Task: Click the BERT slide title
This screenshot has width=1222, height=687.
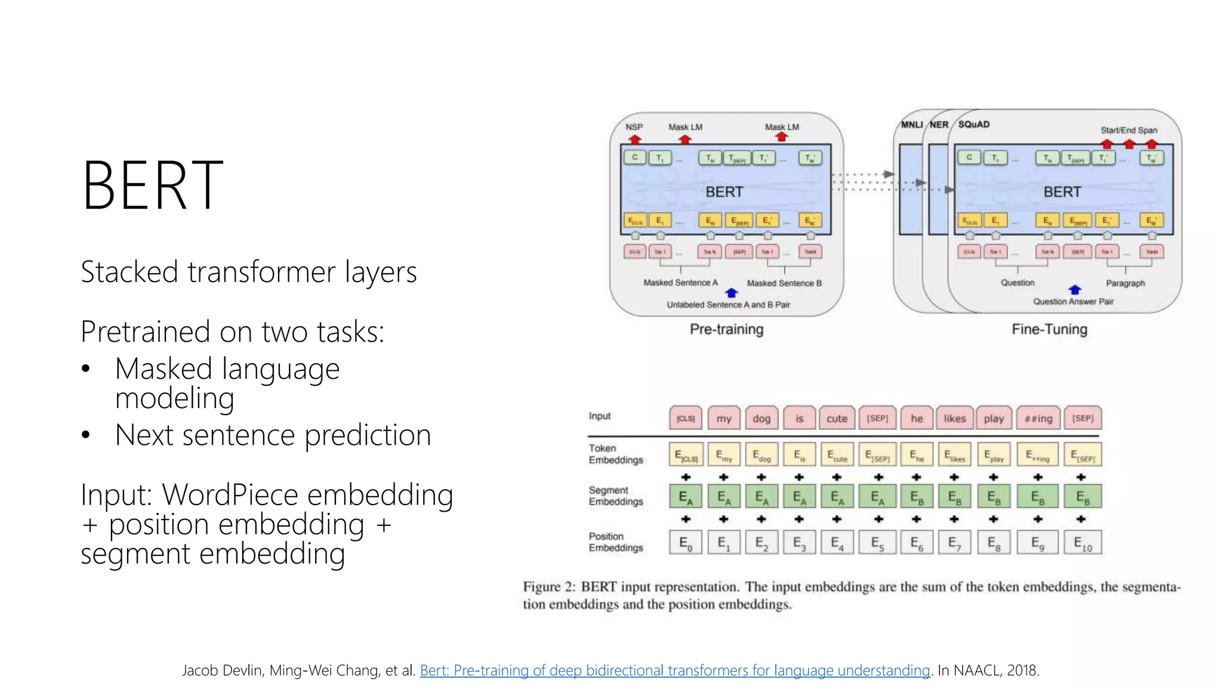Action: coord(153,186)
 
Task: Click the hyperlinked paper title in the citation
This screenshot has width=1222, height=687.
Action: coord(675,670)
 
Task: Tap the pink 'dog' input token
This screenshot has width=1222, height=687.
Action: coord(761,419)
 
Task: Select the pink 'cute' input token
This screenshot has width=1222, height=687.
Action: coord(837,419)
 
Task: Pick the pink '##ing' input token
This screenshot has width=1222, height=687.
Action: coord(1038,419)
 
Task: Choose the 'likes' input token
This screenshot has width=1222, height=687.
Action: coord(954,419)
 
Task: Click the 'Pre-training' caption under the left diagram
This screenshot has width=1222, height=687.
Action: coord(726,329)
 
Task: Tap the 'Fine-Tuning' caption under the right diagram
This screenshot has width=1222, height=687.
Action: coord(1049,329)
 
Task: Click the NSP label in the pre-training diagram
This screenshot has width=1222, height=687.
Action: coord(634,127)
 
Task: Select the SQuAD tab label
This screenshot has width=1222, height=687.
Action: coord(974,125)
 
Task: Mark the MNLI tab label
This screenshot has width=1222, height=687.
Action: coord(911,125)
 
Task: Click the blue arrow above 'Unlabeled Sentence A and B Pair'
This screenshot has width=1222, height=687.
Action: coord(732,293)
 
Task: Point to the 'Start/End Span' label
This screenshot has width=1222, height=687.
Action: coord(1128,130)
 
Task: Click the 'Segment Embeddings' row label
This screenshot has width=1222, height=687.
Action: coord(616,496)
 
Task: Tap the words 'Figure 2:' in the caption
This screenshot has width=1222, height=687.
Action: coord(548,587)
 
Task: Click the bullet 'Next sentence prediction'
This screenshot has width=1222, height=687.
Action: coord(273,435)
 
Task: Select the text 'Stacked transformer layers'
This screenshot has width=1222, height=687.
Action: coord(248,272)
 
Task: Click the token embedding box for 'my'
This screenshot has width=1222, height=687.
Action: coord(724,455)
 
